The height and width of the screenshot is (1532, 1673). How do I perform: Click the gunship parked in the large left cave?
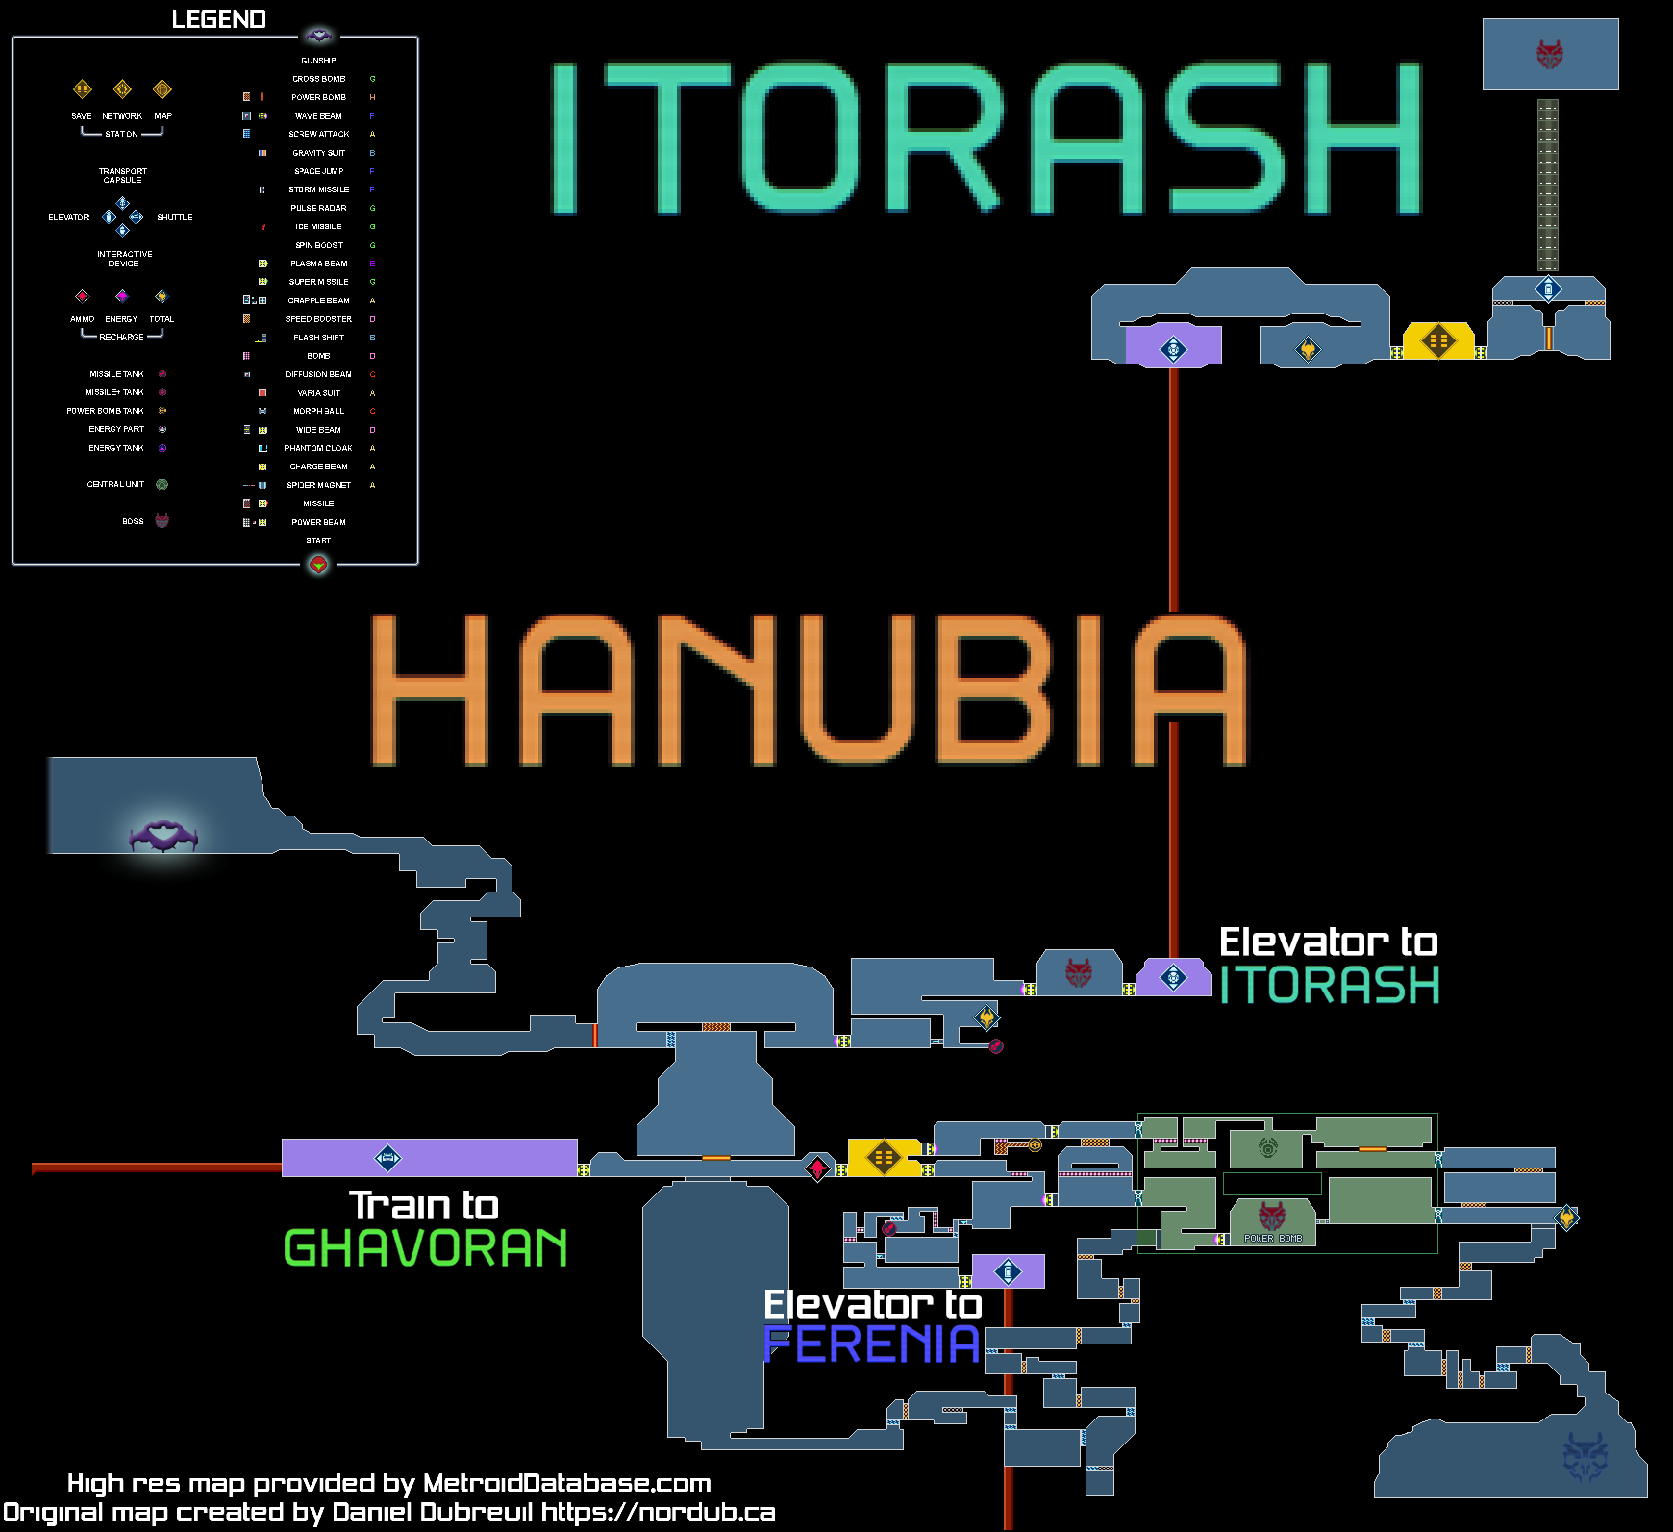[x=163, y=836]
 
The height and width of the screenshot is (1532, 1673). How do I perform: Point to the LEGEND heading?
[x=218, y=20]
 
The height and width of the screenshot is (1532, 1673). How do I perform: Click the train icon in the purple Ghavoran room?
[x=387, y=1158]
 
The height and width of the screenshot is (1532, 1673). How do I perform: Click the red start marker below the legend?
[x=319, y=565]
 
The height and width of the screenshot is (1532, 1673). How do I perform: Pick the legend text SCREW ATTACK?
[x=319, y=135]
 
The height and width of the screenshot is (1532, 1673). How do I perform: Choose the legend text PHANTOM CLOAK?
[x=319, y=448]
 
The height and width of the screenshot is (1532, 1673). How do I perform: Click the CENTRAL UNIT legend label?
[x=115, y=485]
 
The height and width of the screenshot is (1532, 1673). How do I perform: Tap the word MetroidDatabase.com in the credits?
[x=567, y=1483]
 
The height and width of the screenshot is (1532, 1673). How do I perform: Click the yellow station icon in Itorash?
[x=1438, y=340]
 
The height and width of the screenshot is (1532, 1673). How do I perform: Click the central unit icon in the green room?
[x=1267, y=1148]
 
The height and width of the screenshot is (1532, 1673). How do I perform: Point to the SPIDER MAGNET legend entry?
[x=319, y=486]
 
